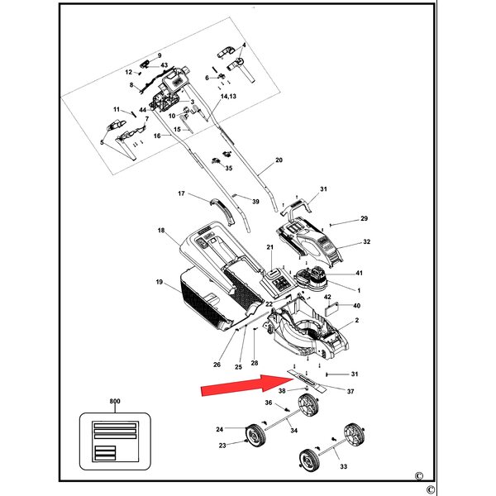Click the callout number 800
tap(115, 401)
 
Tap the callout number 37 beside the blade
tap(351, 392)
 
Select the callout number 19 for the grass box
tap(160, 282)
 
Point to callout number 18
tap(161, 231)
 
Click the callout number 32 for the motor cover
tap(366, 241)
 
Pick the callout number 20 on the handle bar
tap(279, 160)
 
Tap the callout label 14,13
tap(228, 96)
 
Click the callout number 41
tap(359, 273)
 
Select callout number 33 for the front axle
tap(344, 466)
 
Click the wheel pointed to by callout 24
tap(255, 436)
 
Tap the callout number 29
tap(364, 218)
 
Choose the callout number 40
tap(356, 306)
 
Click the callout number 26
tap(217, 365)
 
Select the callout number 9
tap(160, 55)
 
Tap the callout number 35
tap(229, 168)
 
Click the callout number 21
tap(269, 247)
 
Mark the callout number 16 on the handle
tap(157, 136)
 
